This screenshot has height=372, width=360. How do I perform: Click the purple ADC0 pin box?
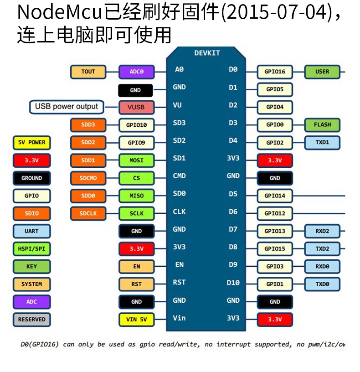point(136,72)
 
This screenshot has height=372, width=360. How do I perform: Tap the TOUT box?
point(88,72)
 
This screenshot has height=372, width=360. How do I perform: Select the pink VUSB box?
point(136,107)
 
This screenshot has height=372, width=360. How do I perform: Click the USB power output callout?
point(66,107)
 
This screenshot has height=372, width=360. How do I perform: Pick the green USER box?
point(322,72)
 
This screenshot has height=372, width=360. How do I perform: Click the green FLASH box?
point(322,124)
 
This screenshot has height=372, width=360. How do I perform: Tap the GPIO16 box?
point(275,72)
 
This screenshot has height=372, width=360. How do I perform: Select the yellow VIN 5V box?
point(136,319)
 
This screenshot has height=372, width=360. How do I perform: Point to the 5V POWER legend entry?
point(31,142)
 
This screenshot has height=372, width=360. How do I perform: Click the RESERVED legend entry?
point(31,319)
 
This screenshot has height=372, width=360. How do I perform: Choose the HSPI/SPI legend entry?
point(31,248)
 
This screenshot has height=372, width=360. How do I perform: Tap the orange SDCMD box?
point(88,178)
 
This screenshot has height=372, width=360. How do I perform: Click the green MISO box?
point(136,196)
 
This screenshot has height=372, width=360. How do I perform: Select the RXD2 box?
point(322,231)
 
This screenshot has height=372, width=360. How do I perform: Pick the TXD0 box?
point(322,284)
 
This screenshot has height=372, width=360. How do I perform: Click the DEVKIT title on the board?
point(207,53)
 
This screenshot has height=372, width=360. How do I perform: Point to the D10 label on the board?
point(233,283)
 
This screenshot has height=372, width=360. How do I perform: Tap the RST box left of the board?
point(136,284)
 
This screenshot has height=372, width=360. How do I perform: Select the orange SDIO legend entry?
point(31,213)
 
